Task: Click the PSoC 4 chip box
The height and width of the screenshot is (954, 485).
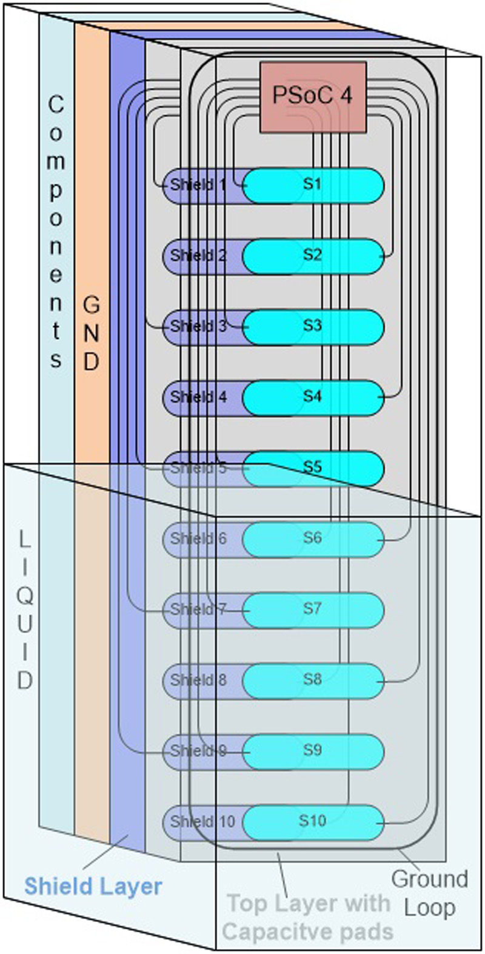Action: pyautogui.click(x=313, y=97)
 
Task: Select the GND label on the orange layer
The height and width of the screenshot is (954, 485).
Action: pyautogui.click(x=91, y=334)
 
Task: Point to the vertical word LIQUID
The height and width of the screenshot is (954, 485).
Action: pyautogui.click(x=25, y=610)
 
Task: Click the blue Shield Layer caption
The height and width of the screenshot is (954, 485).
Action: pyautogui.click(x=93, y=886)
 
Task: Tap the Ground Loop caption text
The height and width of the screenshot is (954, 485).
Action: pyautogui.click(x=429, y=893)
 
